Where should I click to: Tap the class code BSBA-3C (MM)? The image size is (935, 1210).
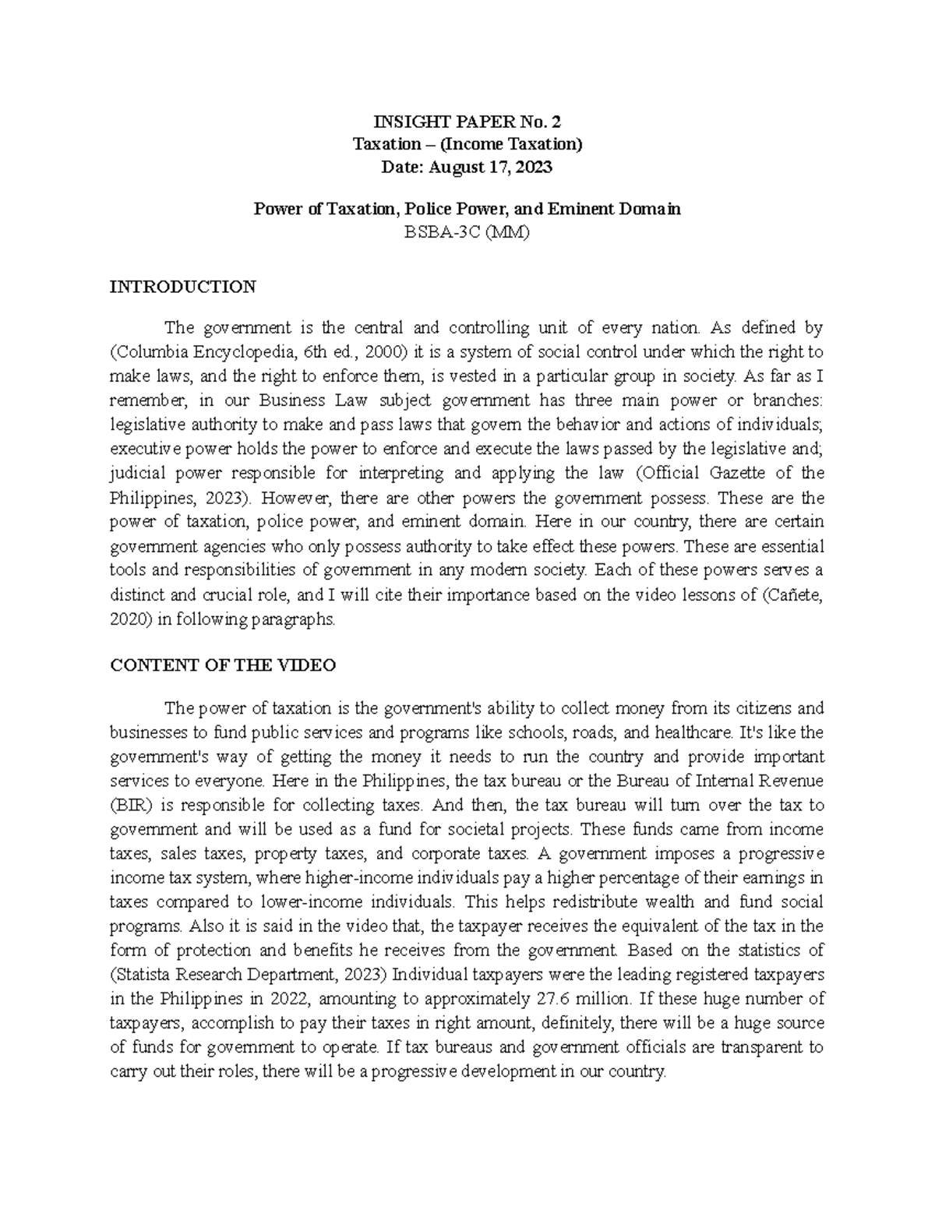[467, 232]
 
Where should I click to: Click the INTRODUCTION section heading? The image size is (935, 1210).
[182, 287]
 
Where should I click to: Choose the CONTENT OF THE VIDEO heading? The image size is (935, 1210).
[223, 665]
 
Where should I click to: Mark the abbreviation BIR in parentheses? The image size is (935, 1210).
[129, 805]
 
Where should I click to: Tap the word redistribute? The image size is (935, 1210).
[595, 902]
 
